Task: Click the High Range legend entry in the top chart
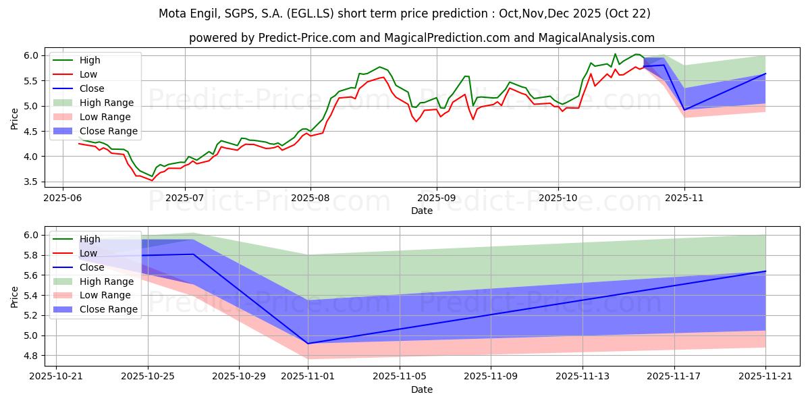[107, 103]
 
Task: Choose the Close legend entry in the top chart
[92, 88]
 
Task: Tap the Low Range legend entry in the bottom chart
[105, 296]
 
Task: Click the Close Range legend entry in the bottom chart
[108, 310]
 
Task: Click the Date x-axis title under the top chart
[422, 211]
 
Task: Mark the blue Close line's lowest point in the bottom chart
[308, 344]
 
